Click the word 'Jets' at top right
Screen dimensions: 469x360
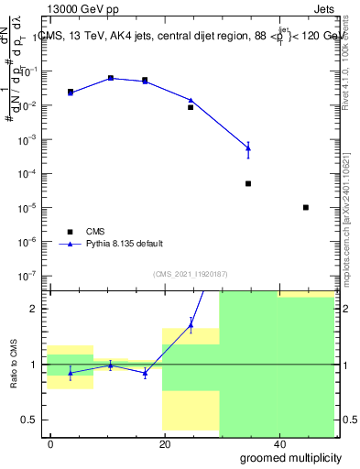click(x=323, y=11)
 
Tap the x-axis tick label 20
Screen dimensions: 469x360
click(x=164, y=443)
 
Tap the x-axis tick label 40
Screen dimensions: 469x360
click(x=278, y=443)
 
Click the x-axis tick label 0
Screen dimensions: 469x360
click(x=51, y=443)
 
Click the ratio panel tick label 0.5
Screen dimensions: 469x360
click(x=30, y=420)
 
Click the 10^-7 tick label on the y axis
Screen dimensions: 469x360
click(x=29, y=276)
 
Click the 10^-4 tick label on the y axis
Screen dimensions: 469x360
click(x=29, y=174)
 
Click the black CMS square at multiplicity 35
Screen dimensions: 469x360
click(x=248, y=183)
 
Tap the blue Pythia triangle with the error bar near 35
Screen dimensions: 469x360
click(x=248, y=147)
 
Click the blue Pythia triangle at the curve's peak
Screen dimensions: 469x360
click(x=111, y=78)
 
